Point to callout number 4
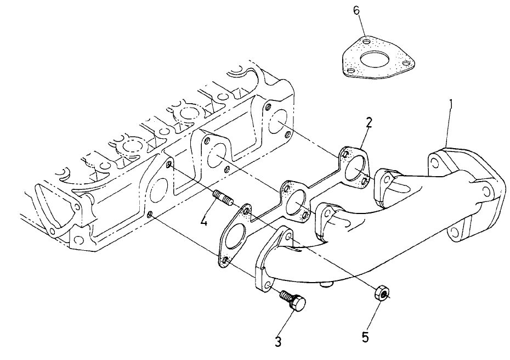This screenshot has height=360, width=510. [x=203, y=222]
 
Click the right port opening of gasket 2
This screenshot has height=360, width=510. [x=357, y=167]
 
